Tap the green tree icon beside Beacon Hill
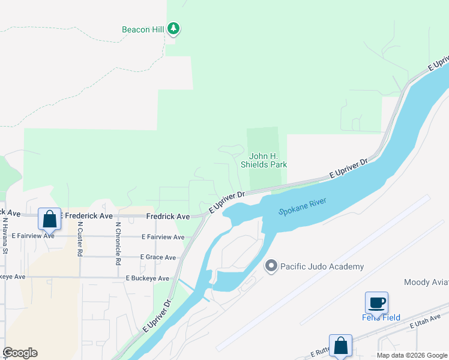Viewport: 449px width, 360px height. pyautogui.click(x=173, y=28)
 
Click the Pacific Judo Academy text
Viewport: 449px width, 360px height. pyautogui.click(x=322, y=266)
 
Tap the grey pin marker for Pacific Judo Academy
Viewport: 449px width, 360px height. pyautogui.click(x=271, y=266)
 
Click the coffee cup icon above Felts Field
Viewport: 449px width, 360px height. pyautogui.click(x=376, y=302)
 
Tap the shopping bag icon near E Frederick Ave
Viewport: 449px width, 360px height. pyautogui.click(x=49, y=219)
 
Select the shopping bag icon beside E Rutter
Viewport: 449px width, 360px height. pyautogui.click(x=340, y=346)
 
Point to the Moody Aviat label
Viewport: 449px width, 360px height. pyautogui.click(x=426, y=282)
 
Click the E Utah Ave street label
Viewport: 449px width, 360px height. pyautogui.click(x=429, y=321)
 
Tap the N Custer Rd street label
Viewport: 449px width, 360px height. pyautogui.click(x=79, y=239)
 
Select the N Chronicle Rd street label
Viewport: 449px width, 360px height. pyautogui.click(x=118, y=241)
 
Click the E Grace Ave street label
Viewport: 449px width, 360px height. pyautogui.click(x=158, y=257)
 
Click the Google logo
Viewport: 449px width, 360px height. pyautogui.click(x=20, y=353)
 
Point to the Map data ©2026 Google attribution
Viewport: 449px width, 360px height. pyautogui.click(x=412, y=355)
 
